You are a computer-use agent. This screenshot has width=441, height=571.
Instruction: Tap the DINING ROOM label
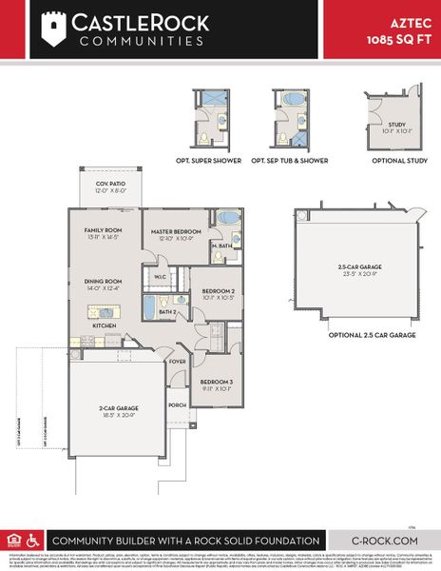point(104,282)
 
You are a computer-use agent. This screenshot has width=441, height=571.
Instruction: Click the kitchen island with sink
point(104,311)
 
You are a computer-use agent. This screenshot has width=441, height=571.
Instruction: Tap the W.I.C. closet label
point(160,279)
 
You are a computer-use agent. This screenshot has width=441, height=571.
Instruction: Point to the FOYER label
point(177,362)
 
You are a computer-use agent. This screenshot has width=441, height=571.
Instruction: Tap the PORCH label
point(177,404)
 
